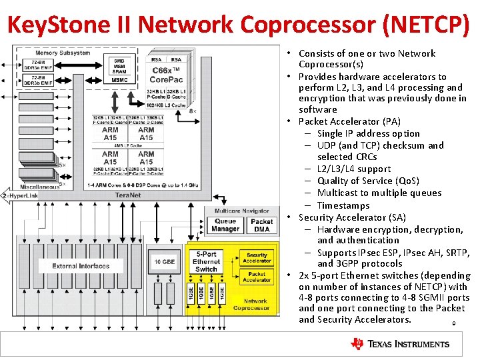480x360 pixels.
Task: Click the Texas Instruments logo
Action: click(x=400, y=344)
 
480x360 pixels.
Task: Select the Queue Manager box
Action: click(x=225, y=225)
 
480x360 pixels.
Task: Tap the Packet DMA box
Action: click(x=261, y=225)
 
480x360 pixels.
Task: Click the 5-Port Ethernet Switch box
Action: click(x=205, y=261)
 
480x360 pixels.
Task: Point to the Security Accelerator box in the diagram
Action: click(x=257, y=258)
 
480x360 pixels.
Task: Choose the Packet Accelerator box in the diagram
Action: click(x=257, y=277)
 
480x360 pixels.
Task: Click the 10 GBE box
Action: click(x=164, y=262)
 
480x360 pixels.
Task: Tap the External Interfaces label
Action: click(x=81, y=266)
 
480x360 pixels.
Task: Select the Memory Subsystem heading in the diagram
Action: click(x=63, y=53)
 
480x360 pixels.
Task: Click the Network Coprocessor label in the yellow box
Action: click(x=251, y=304)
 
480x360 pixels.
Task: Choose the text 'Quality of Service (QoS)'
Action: click(x=368, y=181)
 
